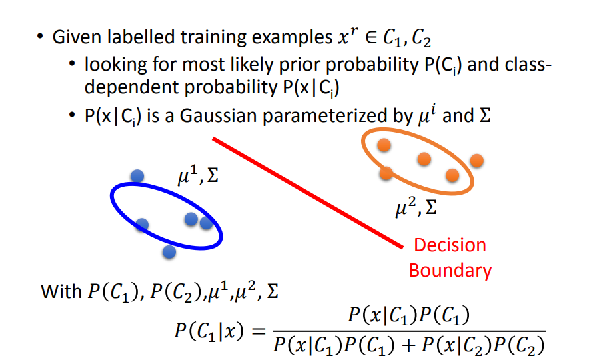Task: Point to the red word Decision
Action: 450,245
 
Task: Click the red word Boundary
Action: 450,270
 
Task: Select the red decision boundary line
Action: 306,192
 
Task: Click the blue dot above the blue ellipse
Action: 137,176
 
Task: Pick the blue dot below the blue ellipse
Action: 169,252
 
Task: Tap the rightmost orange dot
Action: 476,161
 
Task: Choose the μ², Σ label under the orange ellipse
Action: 416,210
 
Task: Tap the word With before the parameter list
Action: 61,291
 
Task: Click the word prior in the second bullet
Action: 282,67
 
